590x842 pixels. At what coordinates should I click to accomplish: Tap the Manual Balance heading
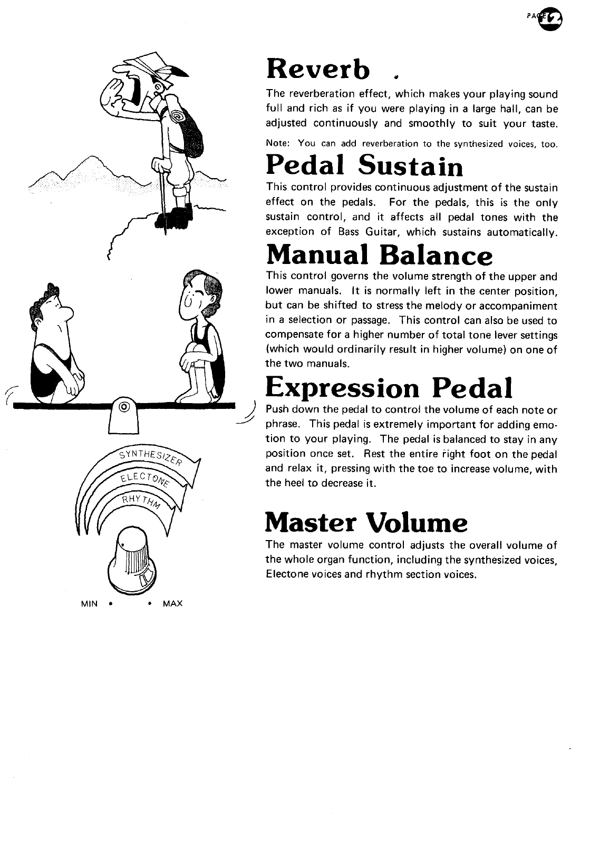[x=379, y=255]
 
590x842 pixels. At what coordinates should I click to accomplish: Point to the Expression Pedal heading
[x=389, y=388]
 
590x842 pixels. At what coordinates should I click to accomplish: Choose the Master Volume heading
[x=366, y=522]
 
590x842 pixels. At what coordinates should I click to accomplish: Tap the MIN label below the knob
[x=90, y=603]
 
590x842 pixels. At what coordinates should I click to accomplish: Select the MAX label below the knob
[x=173, y=603]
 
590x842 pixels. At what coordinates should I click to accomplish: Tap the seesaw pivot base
[x=123, y=418]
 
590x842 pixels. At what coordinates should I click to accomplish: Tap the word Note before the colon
[x=276, y=143]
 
